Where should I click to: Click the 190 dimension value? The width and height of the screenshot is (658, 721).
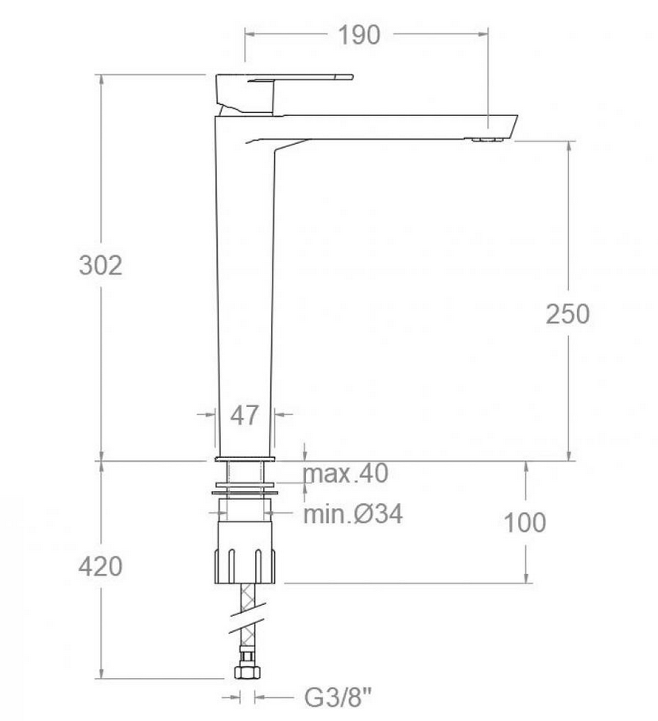[x=359, y=35]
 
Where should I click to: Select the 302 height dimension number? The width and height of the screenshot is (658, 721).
[x=101, y=266]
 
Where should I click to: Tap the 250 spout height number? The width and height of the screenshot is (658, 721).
[x=567, y=315]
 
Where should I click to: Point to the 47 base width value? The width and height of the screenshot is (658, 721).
[x=244, y=415]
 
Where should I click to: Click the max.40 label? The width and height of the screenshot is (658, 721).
[x=346, y=473]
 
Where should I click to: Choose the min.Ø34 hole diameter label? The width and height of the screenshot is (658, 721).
[x=353, y=514]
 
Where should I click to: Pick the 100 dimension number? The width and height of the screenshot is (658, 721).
[x=524, y=523]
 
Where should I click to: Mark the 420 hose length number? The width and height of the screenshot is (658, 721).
[x=100, y=566]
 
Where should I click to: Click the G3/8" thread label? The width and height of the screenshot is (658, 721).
[x=338, y=697]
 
